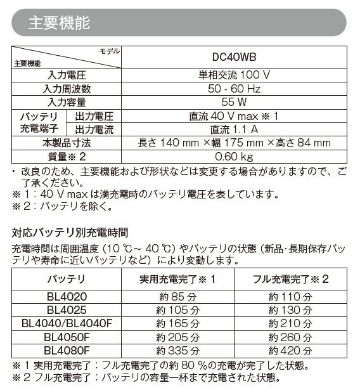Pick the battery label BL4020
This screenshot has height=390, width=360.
point(67,296)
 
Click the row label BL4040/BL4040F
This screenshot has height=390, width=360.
point(67,323)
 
